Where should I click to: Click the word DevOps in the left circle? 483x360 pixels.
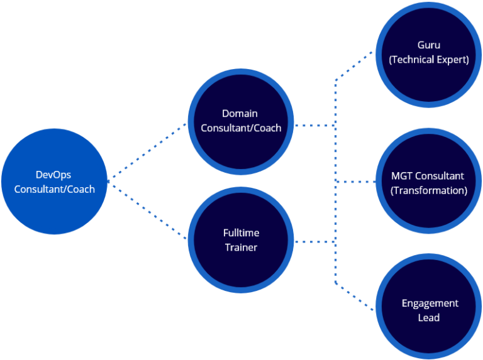(53, 175)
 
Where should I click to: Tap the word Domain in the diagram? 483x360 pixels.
(240, 114)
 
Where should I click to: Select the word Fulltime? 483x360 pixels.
(241, 233)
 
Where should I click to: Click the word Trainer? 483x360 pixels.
(241, 248)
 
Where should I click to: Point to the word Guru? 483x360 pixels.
(429, 45)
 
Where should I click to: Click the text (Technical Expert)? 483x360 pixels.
(429, 60)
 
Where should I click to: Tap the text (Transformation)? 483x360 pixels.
(429, 190)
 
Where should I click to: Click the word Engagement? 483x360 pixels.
(430, 303)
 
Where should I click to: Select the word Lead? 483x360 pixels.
(429, 318)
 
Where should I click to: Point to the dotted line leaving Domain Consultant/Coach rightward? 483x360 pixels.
(314, 125)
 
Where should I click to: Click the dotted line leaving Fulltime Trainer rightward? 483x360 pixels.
(314, 241)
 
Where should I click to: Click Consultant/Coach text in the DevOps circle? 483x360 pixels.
(54, 189)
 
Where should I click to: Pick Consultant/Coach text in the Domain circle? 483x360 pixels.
(241, 128)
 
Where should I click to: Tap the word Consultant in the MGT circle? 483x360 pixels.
(440, 176)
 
